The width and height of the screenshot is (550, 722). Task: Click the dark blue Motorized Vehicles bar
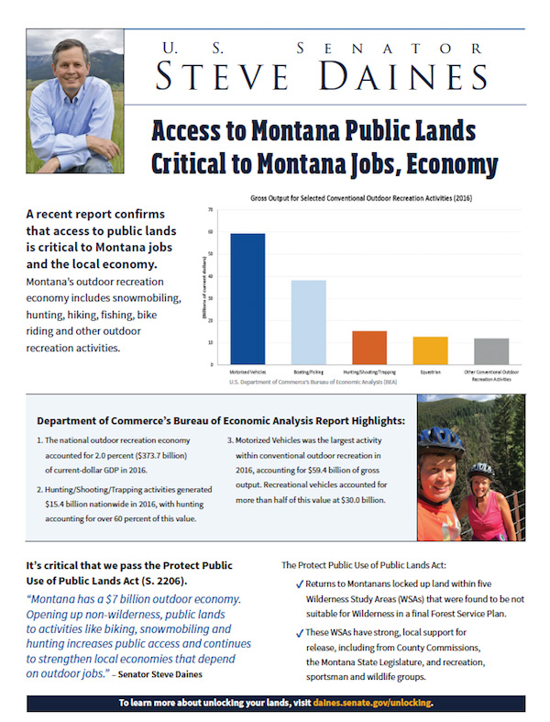[x=247, y=298]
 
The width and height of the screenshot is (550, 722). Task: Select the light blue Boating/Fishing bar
[x=308, y=321]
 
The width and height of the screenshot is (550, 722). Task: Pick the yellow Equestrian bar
[x=430, y=350]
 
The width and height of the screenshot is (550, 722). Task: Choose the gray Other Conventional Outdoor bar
[x=491, y=350]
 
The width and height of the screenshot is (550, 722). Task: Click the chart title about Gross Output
[x=368, y=198]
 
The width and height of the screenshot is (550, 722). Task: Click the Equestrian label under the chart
[x=430, y=372]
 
